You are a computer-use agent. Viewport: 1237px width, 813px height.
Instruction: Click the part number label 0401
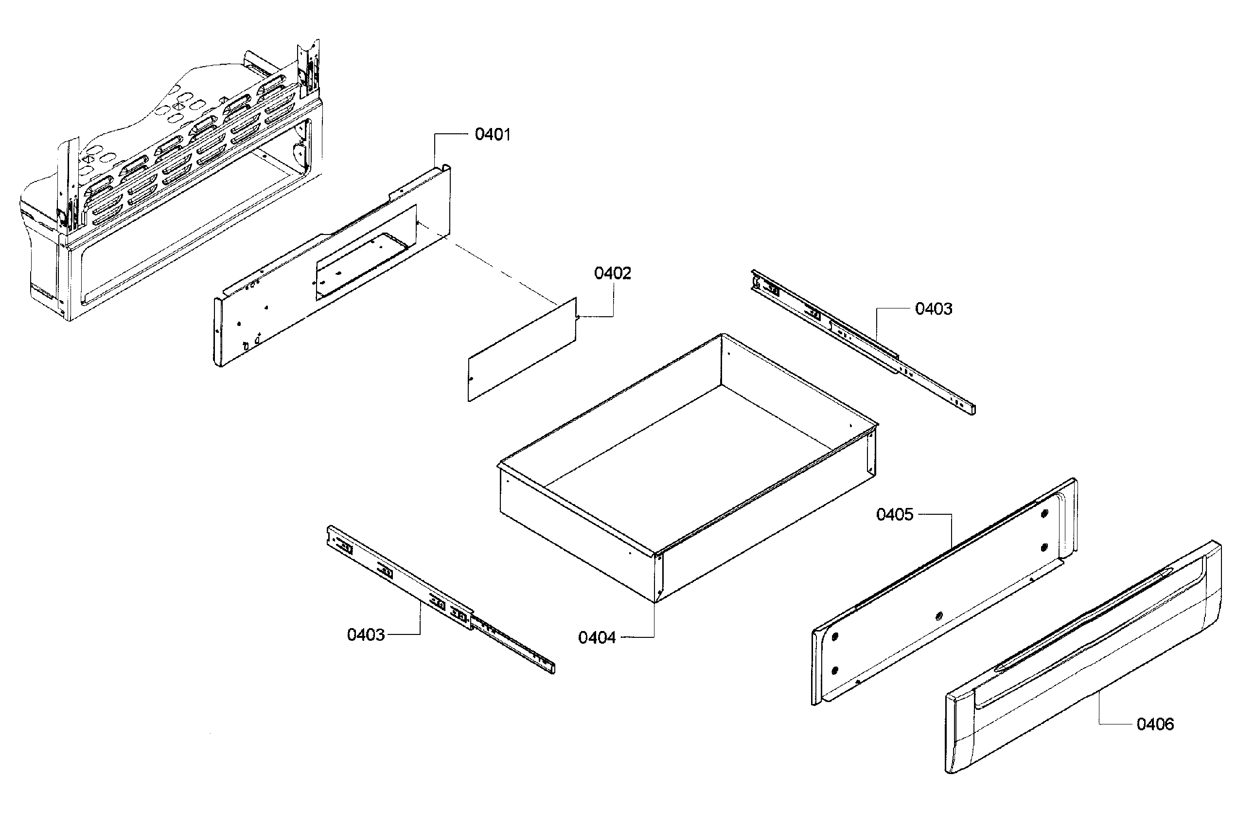click(x=492, y=135)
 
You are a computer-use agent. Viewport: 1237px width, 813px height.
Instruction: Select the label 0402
click(x=612, y=273)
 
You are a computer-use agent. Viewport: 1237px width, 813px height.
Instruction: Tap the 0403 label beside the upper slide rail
click(x=934, y=309)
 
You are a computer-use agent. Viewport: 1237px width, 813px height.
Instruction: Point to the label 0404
click(x=597, y=638)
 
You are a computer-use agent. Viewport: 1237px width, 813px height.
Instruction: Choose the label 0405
click(x=895, y=515)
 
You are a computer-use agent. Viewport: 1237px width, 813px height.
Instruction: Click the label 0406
click(x=1155, y=724)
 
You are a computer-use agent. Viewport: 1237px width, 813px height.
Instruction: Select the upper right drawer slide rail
click(x=863, y=341)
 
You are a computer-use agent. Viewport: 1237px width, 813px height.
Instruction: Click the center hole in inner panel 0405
click(x=938, y=616)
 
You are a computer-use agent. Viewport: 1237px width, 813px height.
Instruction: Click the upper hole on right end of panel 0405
click(x=1045, y=513)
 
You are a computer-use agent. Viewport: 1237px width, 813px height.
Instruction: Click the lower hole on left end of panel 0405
click(x=835, y=670)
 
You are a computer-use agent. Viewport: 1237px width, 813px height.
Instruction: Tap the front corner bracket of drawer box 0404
click(x=659, y=575)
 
